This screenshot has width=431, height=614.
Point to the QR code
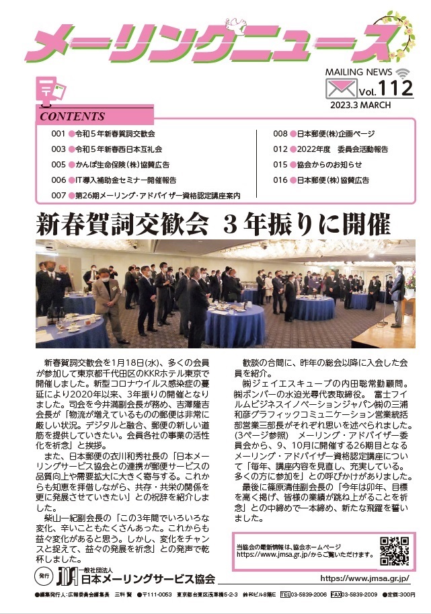[395, 551]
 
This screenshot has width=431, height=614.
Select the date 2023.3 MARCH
[366, 105]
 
